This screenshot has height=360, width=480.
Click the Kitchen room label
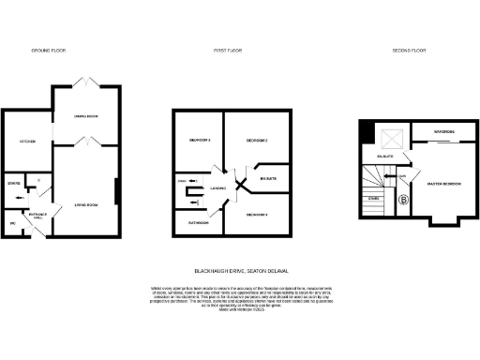pos(27,142)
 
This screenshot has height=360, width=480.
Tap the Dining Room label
pos(86,116)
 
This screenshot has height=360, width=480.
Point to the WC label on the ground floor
pos(13,224)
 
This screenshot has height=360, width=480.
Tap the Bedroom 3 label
pos(198,141)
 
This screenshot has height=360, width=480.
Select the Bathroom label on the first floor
pos(197,223)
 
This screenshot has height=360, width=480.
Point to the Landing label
pos(218,188)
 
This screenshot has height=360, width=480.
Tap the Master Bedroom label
pos(443,184)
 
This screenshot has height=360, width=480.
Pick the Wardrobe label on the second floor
pos(443,130)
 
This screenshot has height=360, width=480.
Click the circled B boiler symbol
pos(404,200)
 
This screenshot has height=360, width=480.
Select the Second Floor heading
pos(409,49)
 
